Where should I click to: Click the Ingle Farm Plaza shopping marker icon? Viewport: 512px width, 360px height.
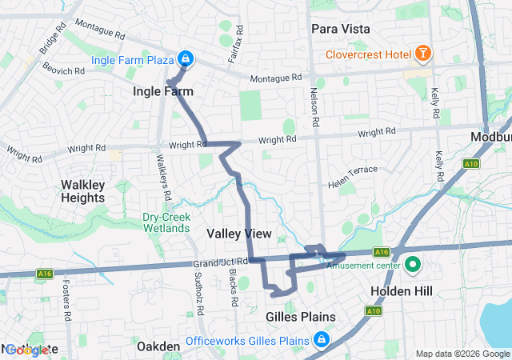[x=185, y=58]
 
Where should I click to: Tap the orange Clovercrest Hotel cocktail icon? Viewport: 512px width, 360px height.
[x=422, y=54]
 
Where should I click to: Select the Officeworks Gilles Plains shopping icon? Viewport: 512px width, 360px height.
[x=322, y=341]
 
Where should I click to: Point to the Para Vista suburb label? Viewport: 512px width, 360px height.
[x=340, y=29]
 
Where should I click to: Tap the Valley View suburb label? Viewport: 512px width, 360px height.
[x=239, y=234]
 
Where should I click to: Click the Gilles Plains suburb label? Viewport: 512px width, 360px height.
[x=299, y=318]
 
